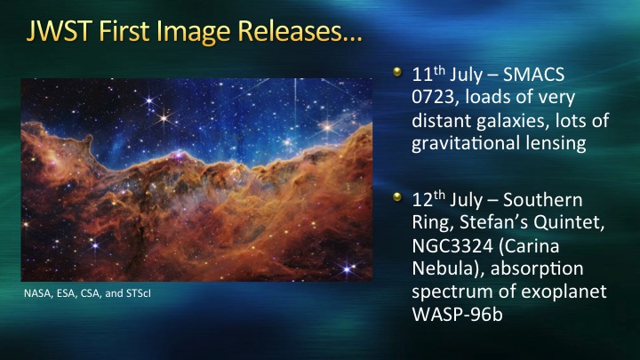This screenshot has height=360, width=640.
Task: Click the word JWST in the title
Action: click(x=58, y=30)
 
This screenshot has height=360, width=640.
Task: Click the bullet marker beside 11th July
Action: click(x=397, y=72)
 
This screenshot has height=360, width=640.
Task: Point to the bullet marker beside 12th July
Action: click(x=397, y=197)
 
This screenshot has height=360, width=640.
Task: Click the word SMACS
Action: click(x=534, y=75)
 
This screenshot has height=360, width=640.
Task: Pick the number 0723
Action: click(x=433, y=97)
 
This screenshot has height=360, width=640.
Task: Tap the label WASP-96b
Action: click(x=458, y=315)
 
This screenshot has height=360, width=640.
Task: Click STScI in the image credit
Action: click(x=138, y=293)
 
